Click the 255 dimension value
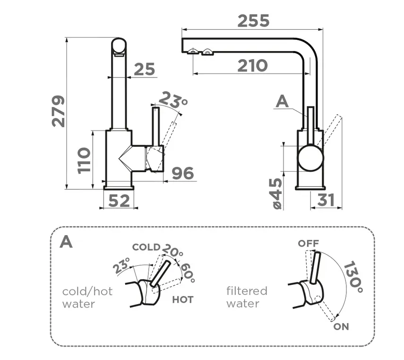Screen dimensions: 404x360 coord(253,21)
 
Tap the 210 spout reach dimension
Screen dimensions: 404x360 coord(252,66)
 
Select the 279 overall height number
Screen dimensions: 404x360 coord(59,111)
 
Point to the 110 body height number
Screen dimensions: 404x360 coord(84,160)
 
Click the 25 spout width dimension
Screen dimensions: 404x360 coord(145,69)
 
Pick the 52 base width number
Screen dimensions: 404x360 coord(119,201)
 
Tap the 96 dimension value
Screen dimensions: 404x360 coord(183,173)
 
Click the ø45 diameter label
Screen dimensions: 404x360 coord(277,193)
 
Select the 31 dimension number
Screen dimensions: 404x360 coord(326,200)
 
